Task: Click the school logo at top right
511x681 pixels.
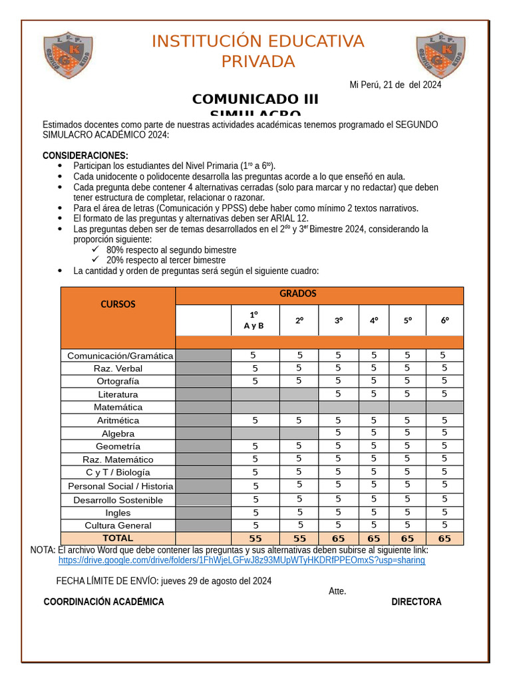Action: coord(440,54)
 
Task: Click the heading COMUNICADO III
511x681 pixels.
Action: coord(255,100)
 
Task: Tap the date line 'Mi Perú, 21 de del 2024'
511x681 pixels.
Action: coord(395,84)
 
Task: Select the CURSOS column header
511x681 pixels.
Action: coord(118,305)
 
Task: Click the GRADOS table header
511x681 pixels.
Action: coord(297,294)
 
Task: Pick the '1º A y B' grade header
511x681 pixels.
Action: coord(254,320)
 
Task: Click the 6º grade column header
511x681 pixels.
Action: coord(444,321)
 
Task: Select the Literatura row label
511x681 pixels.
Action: coord(118,394)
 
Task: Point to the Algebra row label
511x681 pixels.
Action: coord(118,434)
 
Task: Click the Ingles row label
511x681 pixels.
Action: coord(118,513)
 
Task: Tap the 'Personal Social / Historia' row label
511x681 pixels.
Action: coord(120,486)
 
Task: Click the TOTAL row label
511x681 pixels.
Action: coord(118,538)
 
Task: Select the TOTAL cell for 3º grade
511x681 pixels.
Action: coord(338,539)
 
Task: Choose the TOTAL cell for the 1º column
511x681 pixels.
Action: coord(255,539)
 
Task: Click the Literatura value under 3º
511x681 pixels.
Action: coord(338,394)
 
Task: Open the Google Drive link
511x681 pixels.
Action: coord(242,561)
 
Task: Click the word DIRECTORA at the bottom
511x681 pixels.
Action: coord(416,602)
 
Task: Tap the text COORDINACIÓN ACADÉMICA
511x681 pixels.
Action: coord(104,602)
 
